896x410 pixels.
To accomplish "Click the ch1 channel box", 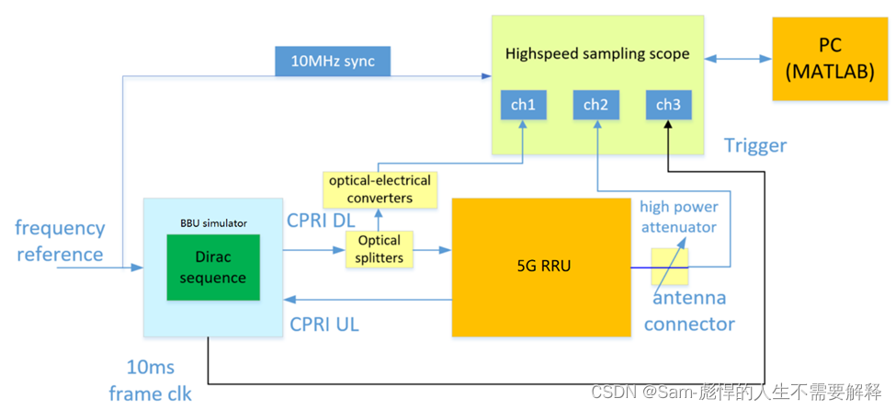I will [523, 106].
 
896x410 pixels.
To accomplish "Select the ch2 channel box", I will [595, 106].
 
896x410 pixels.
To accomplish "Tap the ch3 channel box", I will [668, 106].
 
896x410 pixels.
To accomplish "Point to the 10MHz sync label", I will [332, 63].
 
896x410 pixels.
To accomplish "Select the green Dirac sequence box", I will [213, 267].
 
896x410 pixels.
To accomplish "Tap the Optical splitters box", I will [379, 249].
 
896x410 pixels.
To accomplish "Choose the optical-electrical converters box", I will [378, 189].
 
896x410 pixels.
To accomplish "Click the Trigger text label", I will [754, 145].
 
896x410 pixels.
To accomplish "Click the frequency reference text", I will [60, 240].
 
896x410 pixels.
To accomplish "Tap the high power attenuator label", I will [678, 216].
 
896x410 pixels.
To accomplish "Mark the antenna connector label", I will [689, 311].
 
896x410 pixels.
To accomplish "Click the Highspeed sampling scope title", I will [596, 53].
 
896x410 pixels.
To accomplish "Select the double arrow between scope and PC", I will [738, 60].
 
